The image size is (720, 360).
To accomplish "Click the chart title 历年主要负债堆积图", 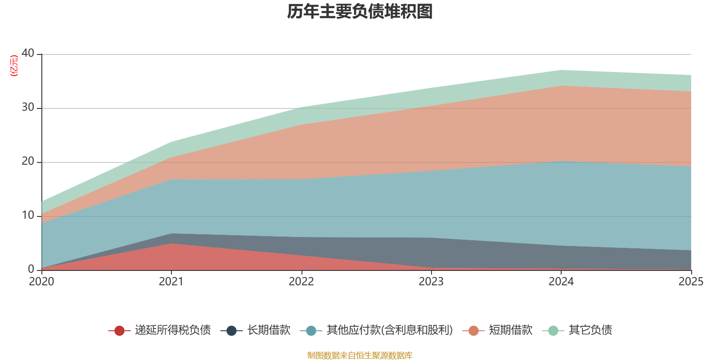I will click(360, 12).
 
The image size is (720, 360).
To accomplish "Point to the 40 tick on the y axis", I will click(28, 53).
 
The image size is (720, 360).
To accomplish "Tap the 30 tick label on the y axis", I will click(28, 107).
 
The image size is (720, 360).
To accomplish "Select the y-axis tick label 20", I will click(28, 161).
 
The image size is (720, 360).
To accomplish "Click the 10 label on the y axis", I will click(28, 215).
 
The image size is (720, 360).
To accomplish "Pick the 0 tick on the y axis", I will click(31, 269).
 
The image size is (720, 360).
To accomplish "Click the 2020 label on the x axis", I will click(41, 282).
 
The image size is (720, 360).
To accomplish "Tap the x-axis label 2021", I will click(171, 282).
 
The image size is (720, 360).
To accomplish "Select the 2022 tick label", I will click(301, 282).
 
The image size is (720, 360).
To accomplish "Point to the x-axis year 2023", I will click(431, 282).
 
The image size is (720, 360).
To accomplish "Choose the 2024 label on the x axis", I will click(561, 282).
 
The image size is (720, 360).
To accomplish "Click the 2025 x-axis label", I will click(690, 282).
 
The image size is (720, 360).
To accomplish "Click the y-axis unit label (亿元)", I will click(14, 66).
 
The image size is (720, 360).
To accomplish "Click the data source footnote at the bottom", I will click(360, 355).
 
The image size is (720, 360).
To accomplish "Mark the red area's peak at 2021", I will click(171, 243).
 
